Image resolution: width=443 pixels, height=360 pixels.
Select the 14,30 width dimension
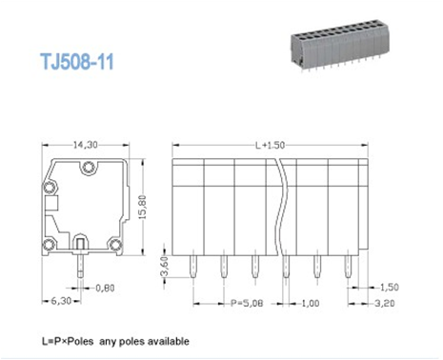[x=85, y=146]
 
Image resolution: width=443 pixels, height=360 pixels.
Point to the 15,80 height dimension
[x=143, y=205]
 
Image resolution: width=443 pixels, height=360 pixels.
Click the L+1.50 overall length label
[x=269, y=146]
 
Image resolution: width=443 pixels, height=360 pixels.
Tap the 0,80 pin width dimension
[x=104, y=286]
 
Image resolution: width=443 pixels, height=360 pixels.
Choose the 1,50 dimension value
[x=389, y=287]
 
